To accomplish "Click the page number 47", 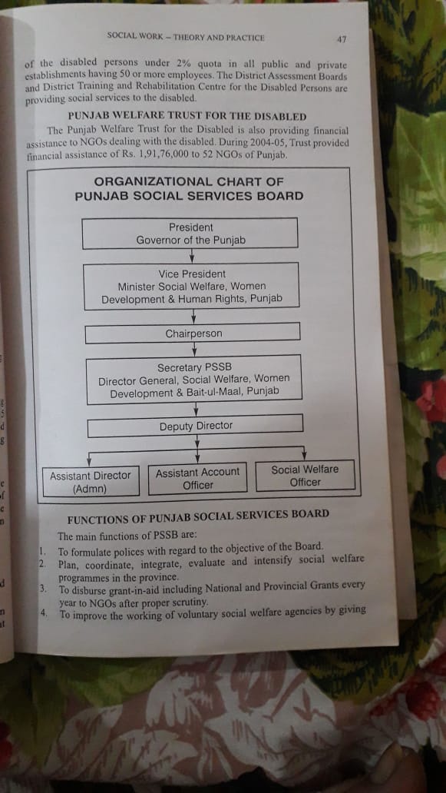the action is (x=342, y=39).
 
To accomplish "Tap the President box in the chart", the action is (x=190, y=233).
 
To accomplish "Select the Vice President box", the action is (x=191, y=286).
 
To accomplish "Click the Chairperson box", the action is (x=193, y=333).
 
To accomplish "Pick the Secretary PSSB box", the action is (x=194, y=380).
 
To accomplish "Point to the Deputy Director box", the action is (x=196, y=426).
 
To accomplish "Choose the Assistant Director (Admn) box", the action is (x=90, y=482).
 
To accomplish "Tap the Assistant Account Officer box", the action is (x=197, y=478).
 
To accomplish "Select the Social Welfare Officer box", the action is (x=305, y=475).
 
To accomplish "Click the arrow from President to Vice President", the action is (x=191, y=255).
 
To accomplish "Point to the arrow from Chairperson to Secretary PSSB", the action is (x=194, y=348).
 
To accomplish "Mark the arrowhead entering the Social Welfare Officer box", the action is (x=304, y=456).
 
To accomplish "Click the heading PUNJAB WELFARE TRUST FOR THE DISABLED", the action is (x=187, y=116).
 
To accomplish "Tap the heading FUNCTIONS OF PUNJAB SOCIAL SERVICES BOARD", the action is (x=198, y=515).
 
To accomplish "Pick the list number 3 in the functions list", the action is (x=44, y=589).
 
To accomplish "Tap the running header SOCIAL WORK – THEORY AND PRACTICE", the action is (x=186, y=37).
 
